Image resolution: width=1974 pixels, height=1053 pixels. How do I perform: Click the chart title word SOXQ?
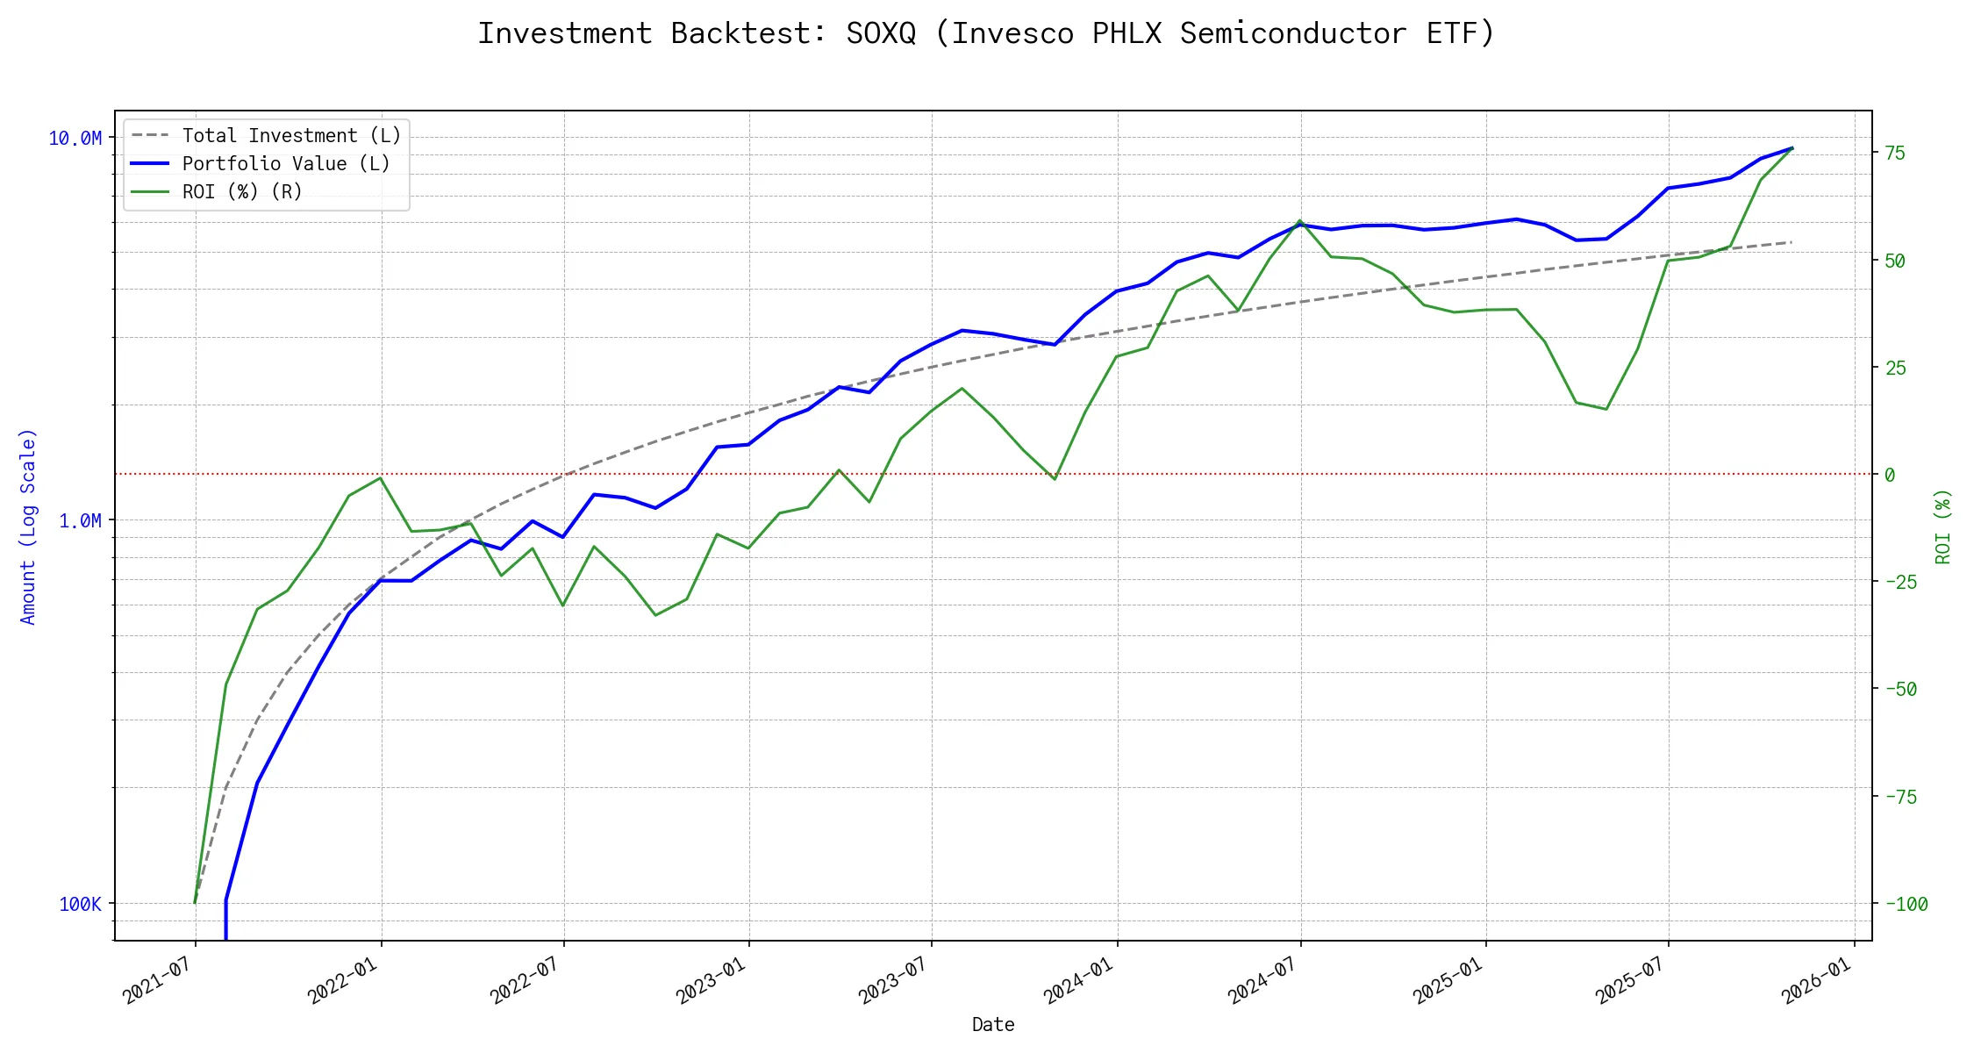[x=880, y=33]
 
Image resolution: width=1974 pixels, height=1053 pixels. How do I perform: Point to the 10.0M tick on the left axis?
[x=75, y=139]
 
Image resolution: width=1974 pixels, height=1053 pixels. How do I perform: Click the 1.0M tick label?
[x=81, y=521]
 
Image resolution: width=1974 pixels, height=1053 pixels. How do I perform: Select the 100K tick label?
[x=81, y=904]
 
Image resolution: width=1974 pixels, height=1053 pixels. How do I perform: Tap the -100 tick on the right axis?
[x=1906, y=904]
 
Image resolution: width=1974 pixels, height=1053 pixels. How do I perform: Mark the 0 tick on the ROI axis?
[x=1890, y=475]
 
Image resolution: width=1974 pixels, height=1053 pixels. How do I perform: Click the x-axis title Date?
[x=993, y=1025]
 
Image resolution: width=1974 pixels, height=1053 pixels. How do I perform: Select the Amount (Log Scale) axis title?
[x=28, y=526]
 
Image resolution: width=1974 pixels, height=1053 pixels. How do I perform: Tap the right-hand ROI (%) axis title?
[x=1942, y=526]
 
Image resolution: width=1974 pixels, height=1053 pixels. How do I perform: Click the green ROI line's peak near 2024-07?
[x=1299, y=221]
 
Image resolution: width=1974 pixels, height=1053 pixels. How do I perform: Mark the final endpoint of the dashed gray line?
[x=1791, y=242]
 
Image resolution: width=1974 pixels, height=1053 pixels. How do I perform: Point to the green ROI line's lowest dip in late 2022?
[x=655, y=614]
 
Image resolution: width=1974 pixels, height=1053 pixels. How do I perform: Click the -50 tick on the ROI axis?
[x=1900, y=689]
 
